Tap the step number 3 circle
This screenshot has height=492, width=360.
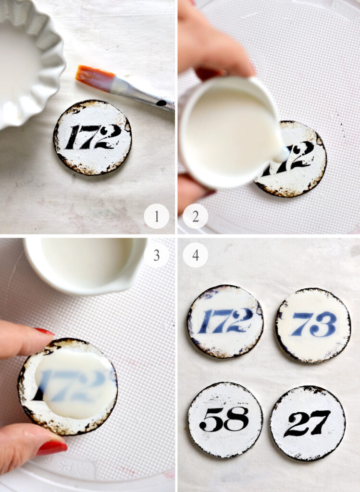[156, 255]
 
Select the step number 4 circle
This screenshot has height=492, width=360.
[195, 255]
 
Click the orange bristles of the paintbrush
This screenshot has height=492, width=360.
[94, 78]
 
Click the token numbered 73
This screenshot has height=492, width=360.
[313, 325]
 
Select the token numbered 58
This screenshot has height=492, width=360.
[225, 419]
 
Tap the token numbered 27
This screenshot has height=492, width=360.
[308, 423]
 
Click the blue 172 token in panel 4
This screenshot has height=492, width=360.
[225, 321]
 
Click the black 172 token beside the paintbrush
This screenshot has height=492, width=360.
[92, 137]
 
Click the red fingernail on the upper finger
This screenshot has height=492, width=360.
[44, 332]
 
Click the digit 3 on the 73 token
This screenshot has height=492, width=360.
[324, 324]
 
